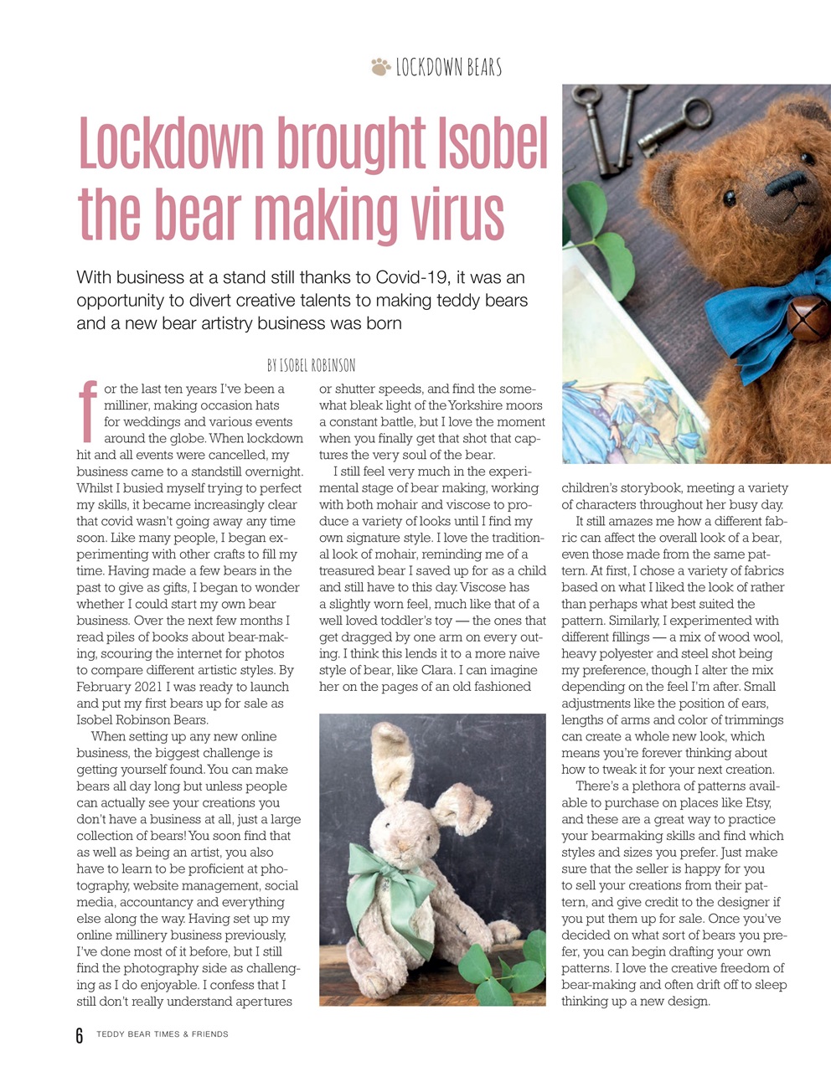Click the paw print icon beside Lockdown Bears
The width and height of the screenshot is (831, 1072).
[380, 66]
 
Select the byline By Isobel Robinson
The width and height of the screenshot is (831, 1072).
[311, 365]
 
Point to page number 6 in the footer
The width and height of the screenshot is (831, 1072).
[80, 1036]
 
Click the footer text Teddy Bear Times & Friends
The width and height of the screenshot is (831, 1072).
[162, 1034]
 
